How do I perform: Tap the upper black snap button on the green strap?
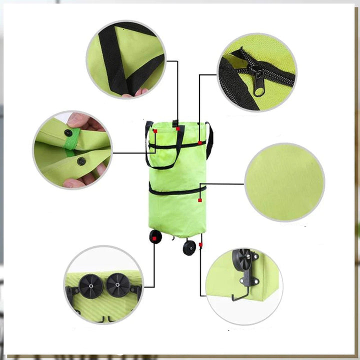pyautogui.click(x=68, y=132)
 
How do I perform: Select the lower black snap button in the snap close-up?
pyautogui.click(x=80, y=161)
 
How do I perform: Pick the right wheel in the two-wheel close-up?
pyautogui.click(x=118, y=284)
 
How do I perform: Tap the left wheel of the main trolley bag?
pyautogui.click(x=155, y=236)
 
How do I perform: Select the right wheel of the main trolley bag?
pyautogui.click(x=189, y=247)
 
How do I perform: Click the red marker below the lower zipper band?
pyautogui.click(x=199, y=200)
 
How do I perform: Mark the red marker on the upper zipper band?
pyautogui.click(x=199, y=143)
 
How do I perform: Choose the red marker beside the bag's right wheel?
pyautogui.click(x=200, y=244)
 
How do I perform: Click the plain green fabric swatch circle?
pyautogui.click(x=284, y=182)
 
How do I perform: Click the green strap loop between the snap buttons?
pyautogui.click(x=73, y=146)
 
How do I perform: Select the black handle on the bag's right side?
pyautogui.click(x=209, y=140)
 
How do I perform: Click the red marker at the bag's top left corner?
pyautogui.click(x=155, y=131)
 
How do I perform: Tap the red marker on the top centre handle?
pyautogui.click(x=177, y=128)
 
